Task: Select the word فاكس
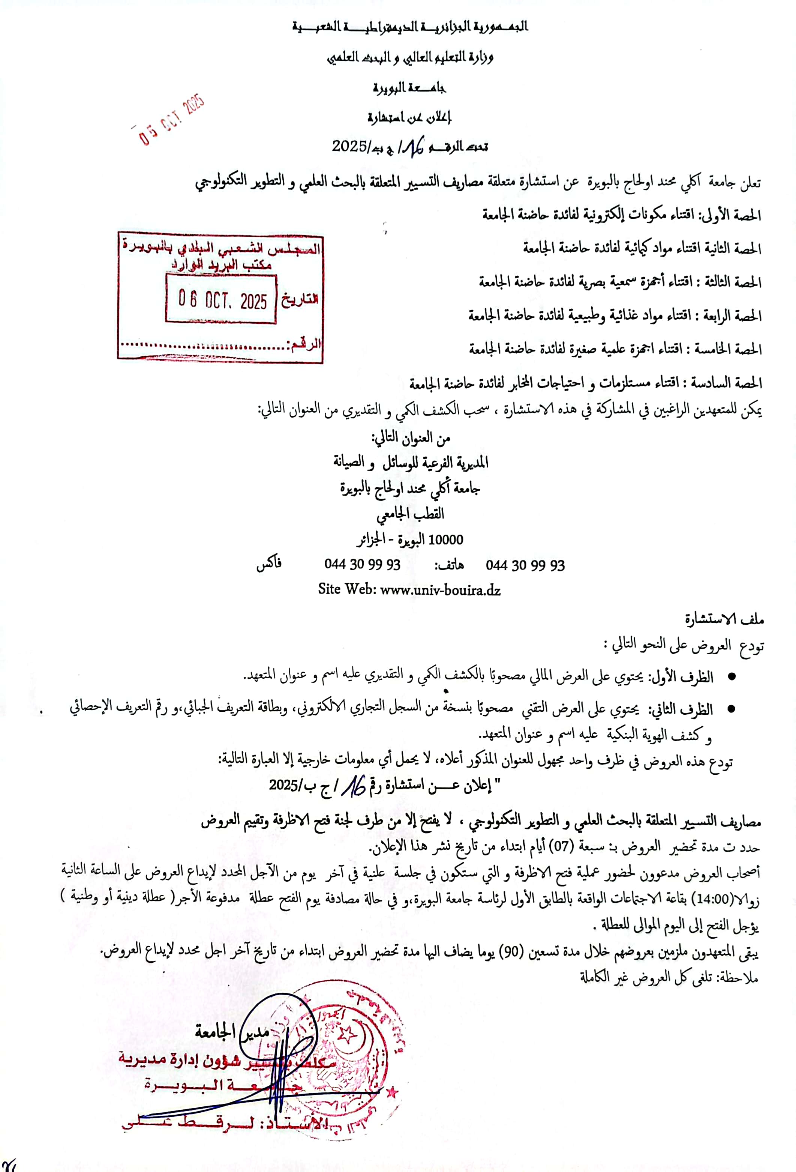269,564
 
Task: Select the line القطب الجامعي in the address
410,514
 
